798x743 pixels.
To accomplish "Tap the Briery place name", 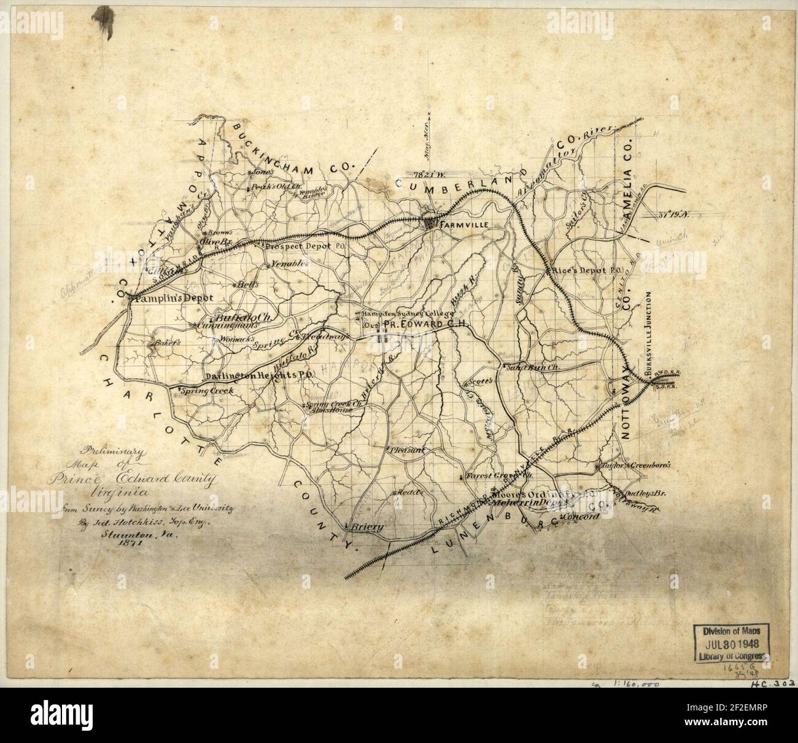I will pos(368,527).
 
